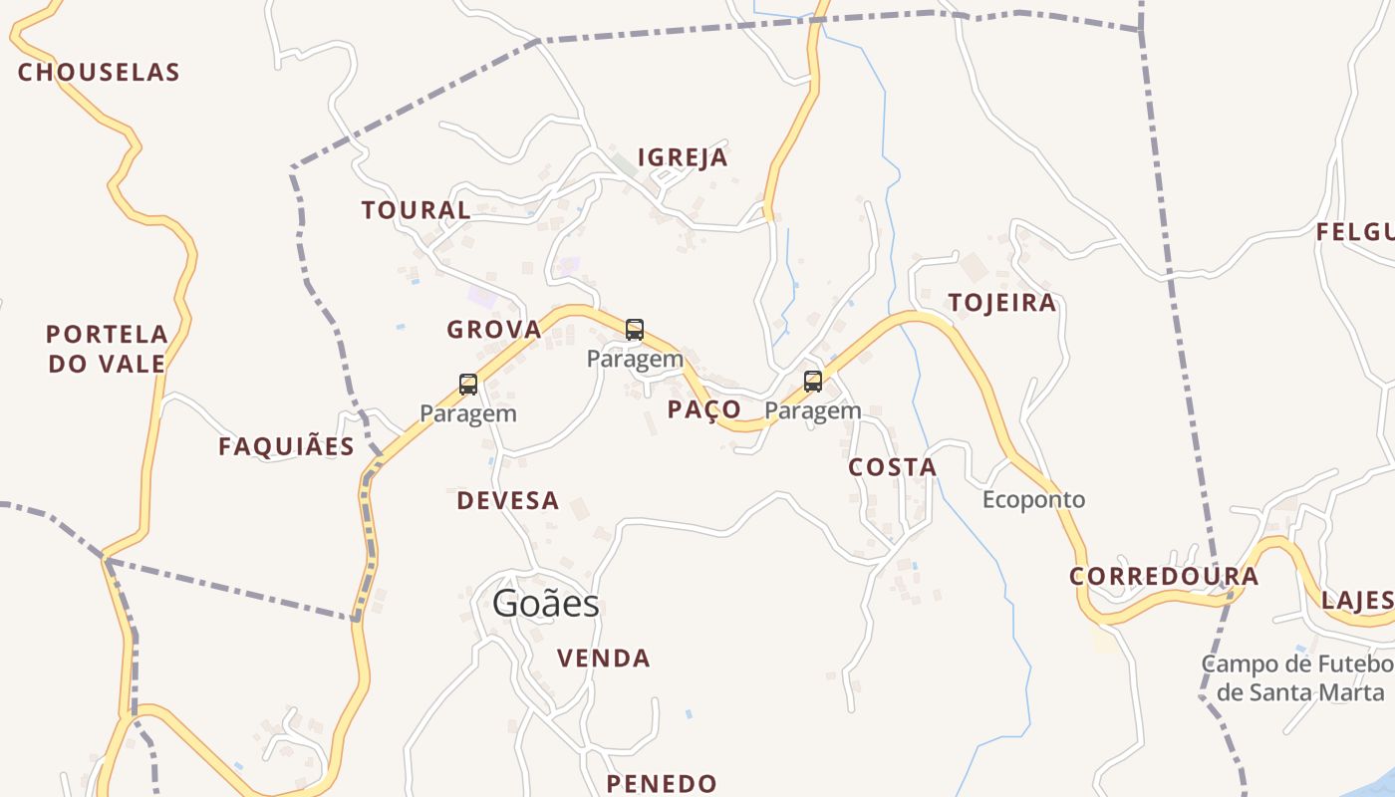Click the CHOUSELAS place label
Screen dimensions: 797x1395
pos(99,73)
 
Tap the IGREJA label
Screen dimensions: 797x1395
pos(683,157)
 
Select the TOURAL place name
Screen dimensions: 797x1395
pos(416,210)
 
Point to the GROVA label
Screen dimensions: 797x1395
pos(494,330)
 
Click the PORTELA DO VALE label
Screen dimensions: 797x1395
pos(107,349)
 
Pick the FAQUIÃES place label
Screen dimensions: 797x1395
pos(287,447)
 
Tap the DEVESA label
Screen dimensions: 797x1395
pos(508,501)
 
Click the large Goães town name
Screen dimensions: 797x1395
pos(546,604)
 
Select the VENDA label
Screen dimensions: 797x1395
pos(604,659)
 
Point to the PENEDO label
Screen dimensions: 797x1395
pos(662,784)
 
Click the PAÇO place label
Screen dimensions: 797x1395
pos(704,409)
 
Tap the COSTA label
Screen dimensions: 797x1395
pos(893,467)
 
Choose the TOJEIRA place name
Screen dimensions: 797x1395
pos(1001,303)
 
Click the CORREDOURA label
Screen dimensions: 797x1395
pos(1164,577)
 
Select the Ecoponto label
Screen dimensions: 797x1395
pos(1033,500)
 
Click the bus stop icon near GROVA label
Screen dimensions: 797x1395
pos(635,330)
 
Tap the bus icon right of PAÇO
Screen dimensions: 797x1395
pos(813,382)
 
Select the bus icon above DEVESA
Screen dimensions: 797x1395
pos(468,385)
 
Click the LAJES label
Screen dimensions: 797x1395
pos(1357,601)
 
